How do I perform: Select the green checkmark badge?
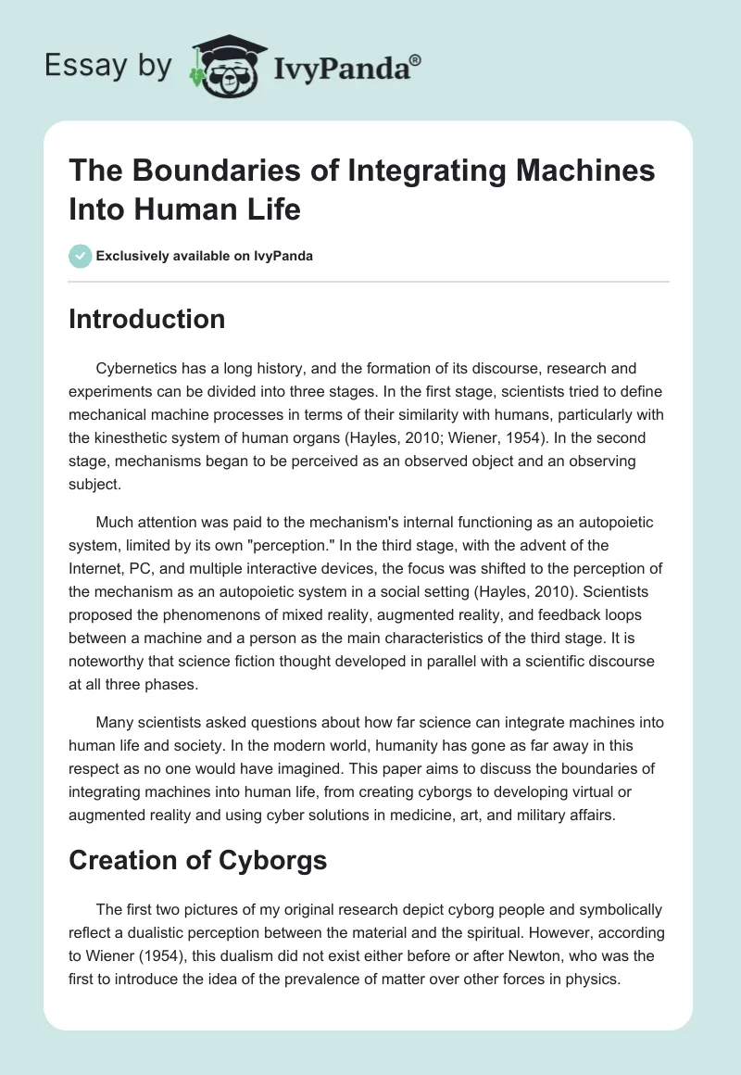81,256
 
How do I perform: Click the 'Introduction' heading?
147,319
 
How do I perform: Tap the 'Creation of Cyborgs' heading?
198,860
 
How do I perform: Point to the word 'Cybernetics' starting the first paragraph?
135,369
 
